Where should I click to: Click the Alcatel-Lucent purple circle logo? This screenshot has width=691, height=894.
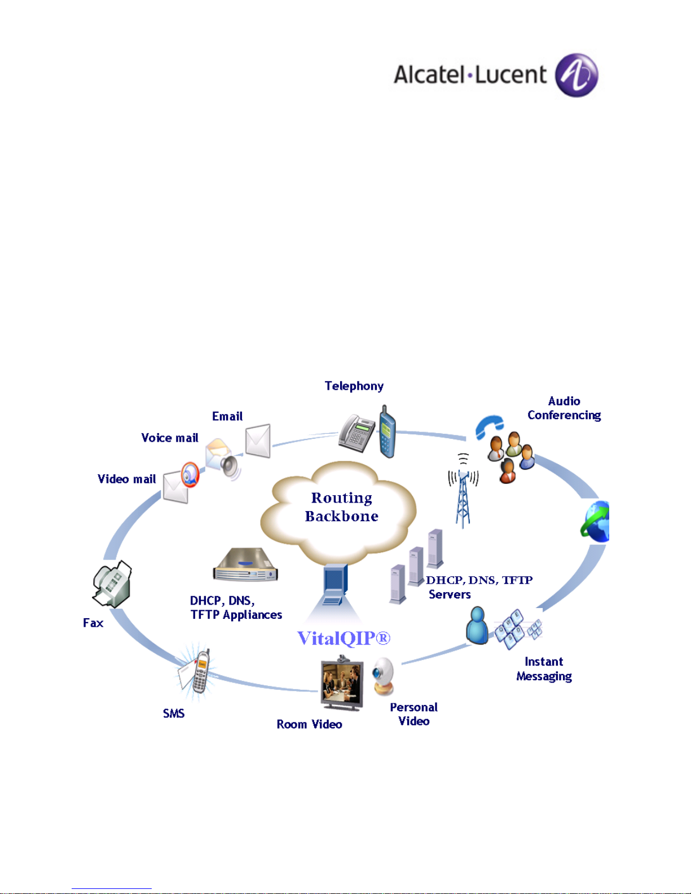pyautogui.click(x=576, y=76)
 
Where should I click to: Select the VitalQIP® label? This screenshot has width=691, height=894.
pyautogui.click(x=344, y=638)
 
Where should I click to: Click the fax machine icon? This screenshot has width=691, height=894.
pyautogui.click(x=112, y=584)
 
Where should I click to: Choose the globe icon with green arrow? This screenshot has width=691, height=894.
pyautogui.click(x=596, y=522)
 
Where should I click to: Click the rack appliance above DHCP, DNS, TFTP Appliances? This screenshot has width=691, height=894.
pyautogui.click(x=245, y=566)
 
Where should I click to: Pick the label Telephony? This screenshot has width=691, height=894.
pyautogui.click(x=354, y=386)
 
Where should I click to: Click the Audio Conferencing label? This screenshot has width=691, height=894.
pyautogui.click(x=564, y=408)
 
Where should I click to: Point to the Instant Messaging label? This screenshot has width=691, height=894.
pyautogui.click(x=544, y=669)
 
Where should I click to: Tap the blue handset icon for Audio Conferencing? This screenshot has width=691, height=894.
pyautogui.click(x=488, y=426)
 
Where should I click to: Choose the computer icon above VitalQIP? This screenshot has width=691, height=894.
pyautogui.click(x=335, y=585)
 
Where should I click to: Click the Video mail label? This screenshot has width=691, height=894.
pyautogui.click(x=126, y=479)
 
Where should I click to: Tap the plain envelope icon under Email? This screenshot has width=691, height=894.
pyautogui.click(x=258, y=441)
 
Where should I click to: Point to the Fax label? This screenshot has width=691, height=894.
pyautogui.click(x=93, y=623)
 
